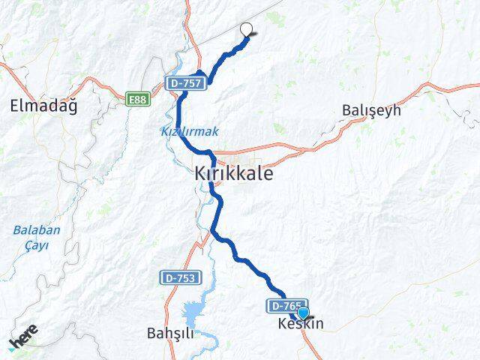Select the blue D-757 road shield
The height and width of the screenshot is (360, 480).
point(184,82)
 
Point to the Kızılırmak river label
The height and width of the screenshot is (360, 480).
point(189,131)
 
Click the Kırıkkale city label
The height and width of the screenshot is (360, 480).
point(233,173)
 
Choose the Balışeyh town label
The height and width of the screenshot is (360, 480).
point(371,110)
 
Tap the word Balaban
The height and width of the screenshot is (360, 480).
point(36,230)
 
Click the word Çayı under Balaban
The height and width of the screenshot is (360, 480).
point(36,245)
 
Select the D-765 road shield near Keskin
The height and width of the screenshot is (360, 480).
point(282,306)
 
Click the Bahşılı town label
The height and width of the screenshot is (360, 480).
point(172,333)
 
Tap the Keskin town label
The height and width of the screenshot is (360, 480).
point(301,325)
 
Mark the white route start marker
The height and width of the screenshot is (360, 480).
point(246,30)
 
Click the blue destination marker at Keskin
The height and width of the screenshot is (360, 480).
point(303,313)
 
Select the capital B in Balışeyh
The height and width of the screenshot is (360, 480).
point(346,110)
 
